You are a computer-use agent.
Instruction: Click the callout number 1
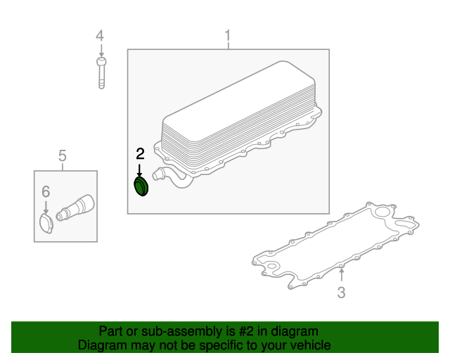[228, 36]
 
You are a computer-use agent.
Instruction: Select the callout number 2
[140, 154]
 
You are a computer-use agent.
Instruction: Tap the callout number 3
[341, 292]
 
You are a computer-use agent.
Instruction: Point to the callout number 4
[100, 36]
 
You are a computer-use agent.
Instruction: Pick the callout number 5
[63, 156]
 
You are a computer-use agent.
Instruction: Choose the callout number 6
[46, 191]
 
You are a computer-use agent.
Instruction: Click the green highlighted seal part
[141, 186]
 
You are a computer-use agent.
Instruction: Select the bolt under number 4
[101, 73]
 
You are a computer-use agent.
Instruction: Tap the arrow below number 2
[139, 171]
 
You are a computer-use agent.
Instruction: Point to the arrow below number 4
[101, 51]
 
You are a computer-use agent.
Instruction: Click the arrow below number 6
[46, 207]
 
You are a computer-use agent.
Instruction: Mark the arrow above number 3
[341, 274]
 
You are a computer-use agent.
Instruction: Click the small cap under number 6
[46, 224]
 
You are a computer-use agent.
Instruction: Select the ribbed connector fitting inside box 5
[75, 207]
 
